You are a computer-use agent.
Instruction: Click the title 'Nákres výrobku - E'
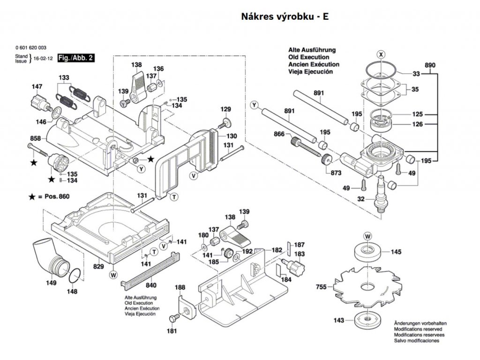pos(285,16)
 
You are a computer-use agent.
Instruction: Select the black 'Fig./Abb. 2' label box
pos(75,58)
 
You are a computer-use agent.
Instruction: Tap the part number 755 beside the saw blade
pos(321,287)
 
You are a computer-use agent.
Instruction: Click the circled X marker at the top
pos(381,55)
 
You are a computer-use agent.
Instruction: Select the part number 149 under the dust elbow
pos(51,283)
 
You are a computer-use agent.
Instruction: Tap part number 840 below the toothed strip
pos(151,285)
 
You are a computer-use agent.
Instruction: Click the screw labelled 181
pos(175,318)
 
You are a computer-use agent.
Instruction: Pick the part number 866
pos(279,134)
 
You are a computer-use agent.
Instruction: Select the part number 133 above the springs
pos(64,77)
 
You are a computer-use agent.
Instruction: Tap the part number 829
pos(98,266)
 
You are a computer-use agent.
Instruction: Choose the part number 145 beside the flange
pos(396,252)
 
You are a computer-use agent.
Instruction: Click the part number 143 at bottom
pos(339,321)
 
